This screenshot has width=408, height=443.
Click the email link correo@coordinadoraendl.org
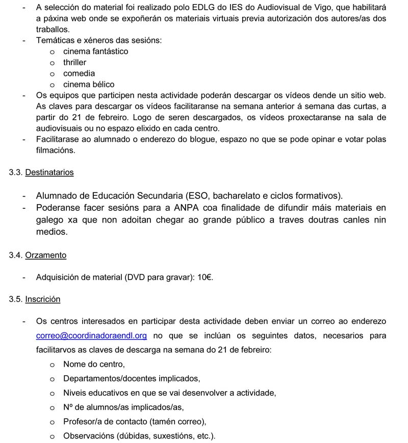click(91, 336)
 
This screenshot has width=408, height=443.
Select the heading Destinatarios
click(49, 172)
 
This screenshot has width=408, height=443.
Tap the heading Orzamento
click(45, 255)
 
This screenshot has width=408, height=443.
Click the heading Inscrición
click(43, 299)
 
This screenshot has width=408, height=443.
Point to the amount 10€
click(206, 278)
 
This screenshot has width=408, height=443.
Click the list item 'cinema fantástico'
click(95, 51)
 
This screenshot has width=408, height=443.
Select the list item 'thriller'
click(75, 62)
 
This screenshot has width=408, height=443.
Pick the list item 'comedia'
click(79, 73)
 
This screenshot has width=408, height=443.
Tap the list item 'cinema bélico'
click(89, 85)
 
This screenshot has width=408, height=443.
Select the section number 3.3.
click(16, 172)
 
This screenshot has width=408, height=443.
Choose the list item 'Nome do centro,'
click(94, 364)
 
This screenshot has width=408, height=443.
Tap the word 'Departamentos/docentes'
click(110, 378)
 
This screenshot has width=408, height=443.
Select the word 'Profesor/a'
click(81, 422)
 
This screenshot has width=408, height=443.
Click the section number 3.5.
click(16, 299)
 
